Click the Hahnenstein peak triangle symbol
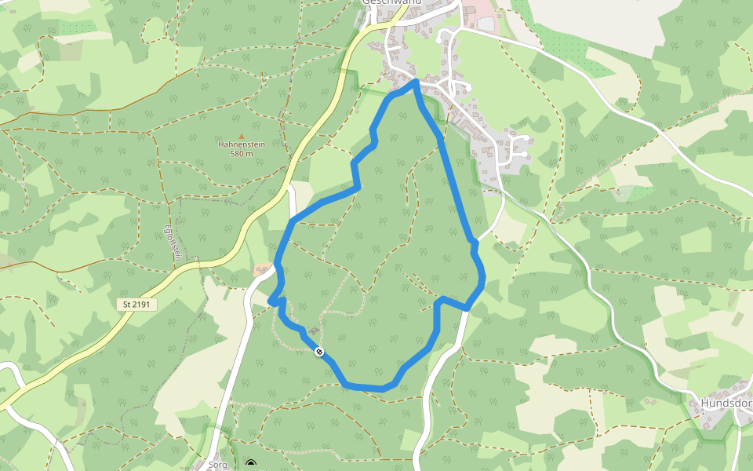[241, 136]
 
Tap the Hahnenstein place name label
[241, 145]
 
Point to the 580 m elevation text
[241, 154]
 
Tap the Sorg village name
[217, 465]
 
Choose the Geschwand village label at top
[391, 2]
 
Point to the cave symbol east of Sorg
[251, 465]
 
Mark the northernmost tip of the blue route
[415, 82]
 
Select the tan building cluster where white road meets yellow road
[262, 269]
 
